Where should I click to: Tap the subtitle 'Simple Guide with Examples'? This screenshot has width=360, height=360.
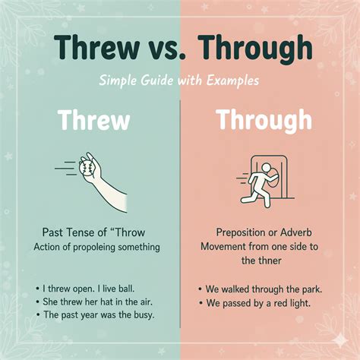click(180, 80)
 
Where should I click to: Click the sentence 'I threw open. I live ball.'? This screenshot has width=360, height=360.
click(86, 289)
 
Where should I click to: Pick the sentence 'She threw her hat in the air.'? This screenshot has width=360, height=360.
click(93, 302)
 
